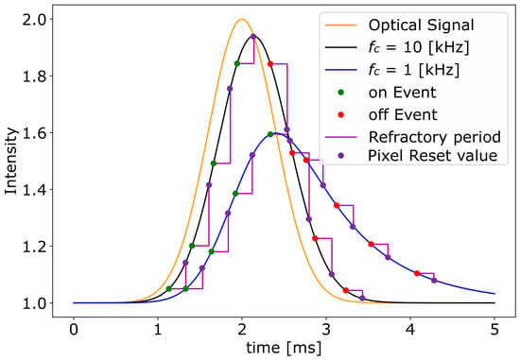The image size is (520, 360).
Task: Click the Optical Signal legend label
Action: click(421, 26)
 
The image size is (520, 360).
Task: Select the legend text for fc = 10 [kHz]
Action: click(419, 48)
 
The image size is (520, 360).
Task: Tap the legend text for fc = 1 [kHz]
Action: click(414, 70)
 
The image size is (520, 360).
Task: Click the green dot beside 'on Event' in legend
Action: click(341, 93)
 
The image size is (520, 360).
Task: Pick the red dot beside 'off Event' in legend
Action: click(341, 114)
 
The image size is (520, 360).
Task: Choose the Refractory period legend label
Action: click(435, 137)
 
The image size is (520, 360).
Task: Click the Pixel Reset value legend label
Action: click(433, 156)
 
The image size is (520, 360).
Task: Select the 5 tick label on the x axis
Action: click(494, 331)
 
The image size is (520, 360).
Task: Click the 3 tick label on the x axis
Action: click(326, 331)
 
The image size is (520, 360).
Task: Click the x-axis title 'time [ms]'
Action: click(284, 348)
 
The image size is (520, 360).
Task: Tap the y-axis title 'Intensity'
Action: click(10, 162)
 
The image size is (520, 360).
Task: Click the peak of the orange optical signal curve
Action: click(242, 19)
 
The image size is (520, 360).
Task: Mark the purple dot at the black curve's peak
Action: click(253, 37)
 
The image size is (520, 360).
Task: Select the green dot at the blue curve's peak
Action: click(270, 134)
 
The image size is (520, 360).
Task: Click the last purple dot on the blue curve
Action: click(434, 281)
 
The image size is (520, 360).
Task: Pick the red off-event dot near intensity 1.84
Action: click(270, 63)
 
